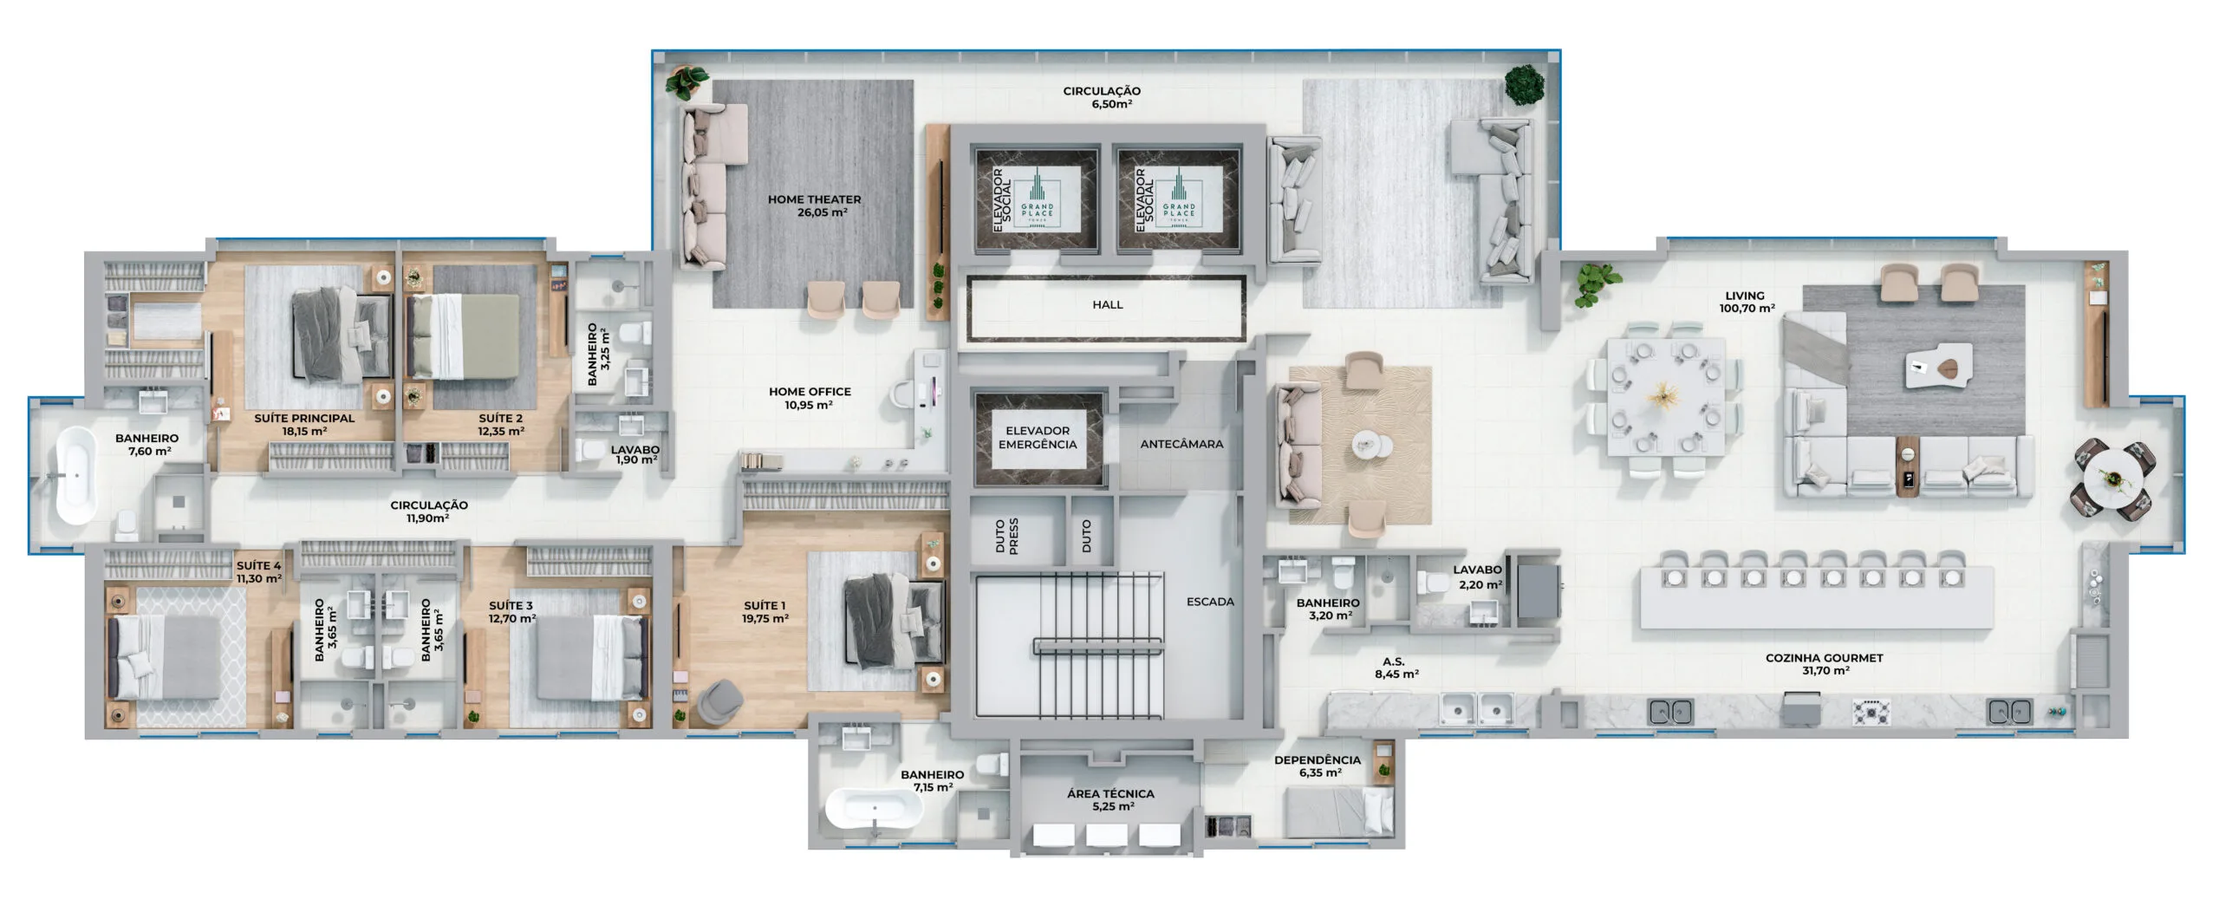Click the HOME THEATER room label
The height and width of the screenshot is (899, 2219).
coord(814,205)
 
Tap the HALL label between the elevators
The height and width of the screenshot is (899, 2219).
coord(1107,305)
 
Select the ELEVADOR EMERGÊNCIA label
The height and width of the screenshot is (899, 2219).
coord(1037,438)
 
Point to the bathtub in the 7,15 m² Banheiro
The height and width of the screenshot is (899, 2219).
coord(873,810)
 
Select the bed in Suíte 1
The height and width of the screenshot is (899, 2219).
coord(894,623)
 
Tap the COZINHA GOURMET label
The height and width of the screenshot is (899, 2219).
coord(1824,664)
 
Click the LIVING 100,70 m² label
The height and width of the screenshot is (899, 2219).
coord(1745,302)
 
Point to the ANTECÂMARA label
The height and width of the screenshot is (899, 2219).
coord(1181,444)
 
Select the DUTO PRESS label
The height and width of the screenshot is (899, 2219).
coord(1006,537)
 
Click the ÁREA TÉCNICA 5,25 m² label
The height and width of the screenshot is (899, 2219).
coord(1110,799)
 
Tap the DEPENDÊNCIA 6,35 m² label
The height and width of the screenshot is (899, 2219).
coord(1317,766)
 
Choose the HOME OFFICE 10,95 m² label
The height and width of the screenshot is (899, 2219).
coord(810,398)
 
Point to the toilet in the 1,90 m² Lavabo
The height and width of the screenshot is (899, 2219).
coord(592,450)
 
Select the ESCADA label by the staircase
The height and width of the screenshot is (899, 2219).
coord(1210,602)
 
